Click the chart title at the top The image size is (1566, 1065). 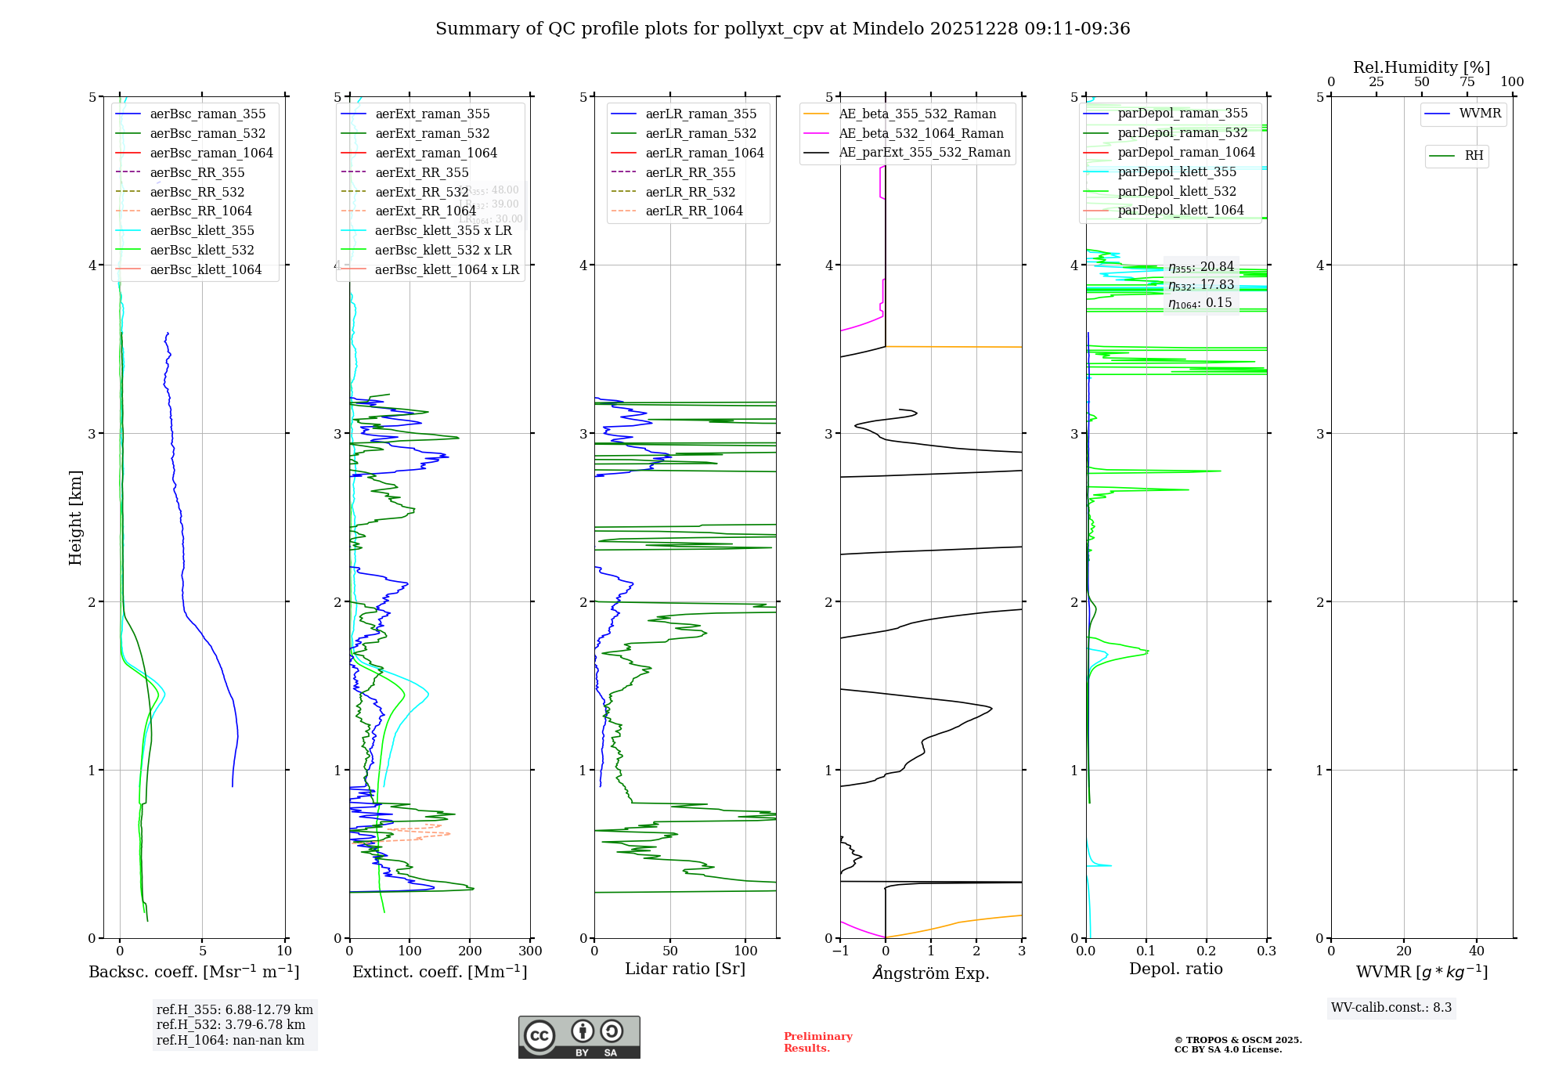coord(782,29)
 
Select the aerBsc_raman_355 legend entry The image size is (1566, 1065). coord(207,114)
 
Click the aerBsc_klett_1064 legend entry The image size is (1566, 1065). coord(205,269)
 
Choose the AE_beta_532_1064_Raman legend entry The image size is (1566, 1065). coord(921,133)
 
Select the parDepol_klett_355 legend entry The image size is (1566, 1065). coord(1177,171)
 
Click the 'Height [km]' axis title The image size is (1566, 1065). coord(75,518)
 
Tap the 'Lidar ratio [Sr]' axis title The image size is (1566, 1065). coord(685,969)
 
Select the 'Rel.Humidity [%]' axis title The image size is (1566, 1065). coord(1421,67)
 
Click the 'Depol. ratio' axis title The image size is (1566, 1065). coord(1175,969)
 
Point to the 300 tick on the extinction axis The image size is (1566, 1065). coord(530,951)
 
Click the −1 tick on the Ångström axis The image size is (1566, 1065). coord(840,951)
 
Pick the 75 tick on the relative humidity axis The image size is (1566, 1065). coord(1467,82)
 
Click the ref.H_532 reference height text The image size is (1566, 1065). coord(231,1024)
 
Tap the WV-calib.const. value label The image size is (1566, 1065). coord(1391,1007)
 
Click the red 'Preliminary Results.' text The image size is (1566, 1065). coord(817,1042)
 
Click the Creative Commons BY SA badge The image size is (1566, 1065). coord(579,1038)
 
